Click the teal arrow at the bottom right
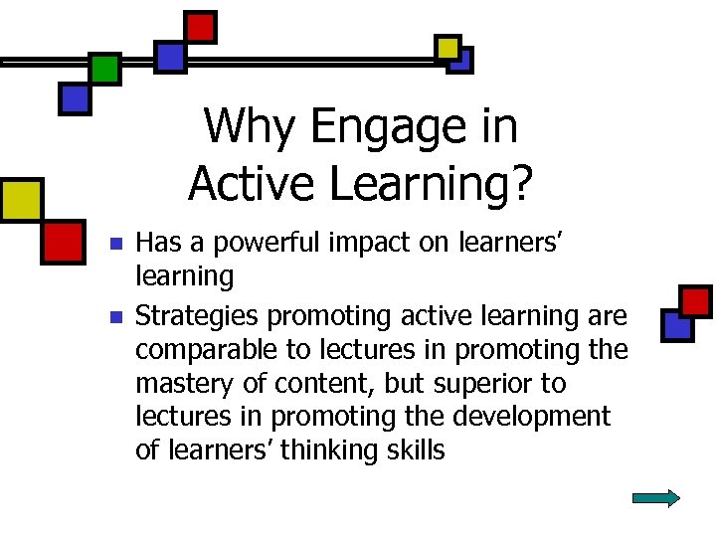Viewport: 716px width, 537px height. tap(655, 498)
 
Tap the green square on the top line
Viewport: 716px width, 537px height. tap(104, 69)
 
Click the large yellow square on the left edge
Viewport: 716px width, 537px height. tap(20, 199)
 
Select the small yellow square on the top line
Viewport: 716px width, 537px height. tap(447, 47)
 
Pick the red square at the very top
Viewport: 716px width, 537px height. tap(201, 27)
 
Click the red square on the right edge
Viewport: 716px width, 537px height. tap(696, 299)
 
